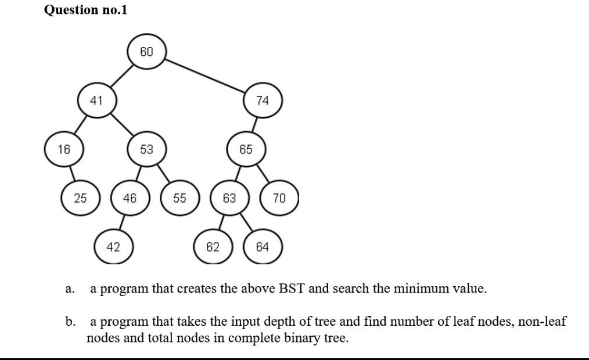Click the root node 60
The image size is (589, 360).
click(x=146, y=52)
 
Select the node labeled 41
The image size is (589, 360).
click(x=96, y=100)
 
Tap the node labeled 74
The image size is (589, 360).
click(x=263, y=100)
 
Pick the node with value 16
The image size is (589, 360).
click(x=64, y=149)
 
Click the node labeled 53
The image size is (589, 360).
click(x=146, y=149)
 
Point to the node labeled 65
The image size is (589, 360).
click(x=246, y=149)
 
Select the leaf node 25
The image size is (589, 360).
click(x=80, y=198)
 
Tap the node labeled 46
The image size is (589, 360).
click(x=130, y=198)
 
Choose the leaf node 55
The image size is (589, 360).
click(x=179, y=198)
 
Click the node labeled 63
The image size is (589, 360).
click(x=229, y=198)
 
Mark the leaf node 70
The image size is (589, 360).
click(x=279, y=198)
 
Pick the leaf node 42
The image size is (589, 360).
click(x=113, y=247)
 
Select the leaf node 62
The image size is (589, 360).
click(x=213, y=247)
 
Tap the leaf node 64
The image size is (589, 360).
click(x=263, y=247)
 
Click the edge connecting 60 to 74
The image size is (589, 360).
click(x=206, y=74)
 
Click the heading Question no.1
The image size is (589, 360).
click(x=85, y=10)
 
